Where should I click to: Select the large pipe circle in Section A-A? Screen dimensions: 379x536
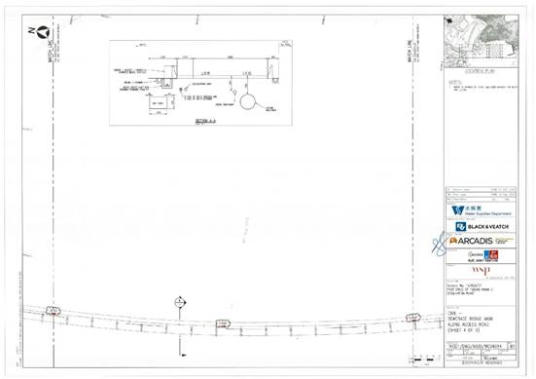(248, 101)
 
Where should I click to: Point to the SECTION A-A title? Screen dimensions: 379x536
(202, 120)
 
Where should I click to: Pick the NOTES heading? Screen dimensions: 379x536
(453, 83)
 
